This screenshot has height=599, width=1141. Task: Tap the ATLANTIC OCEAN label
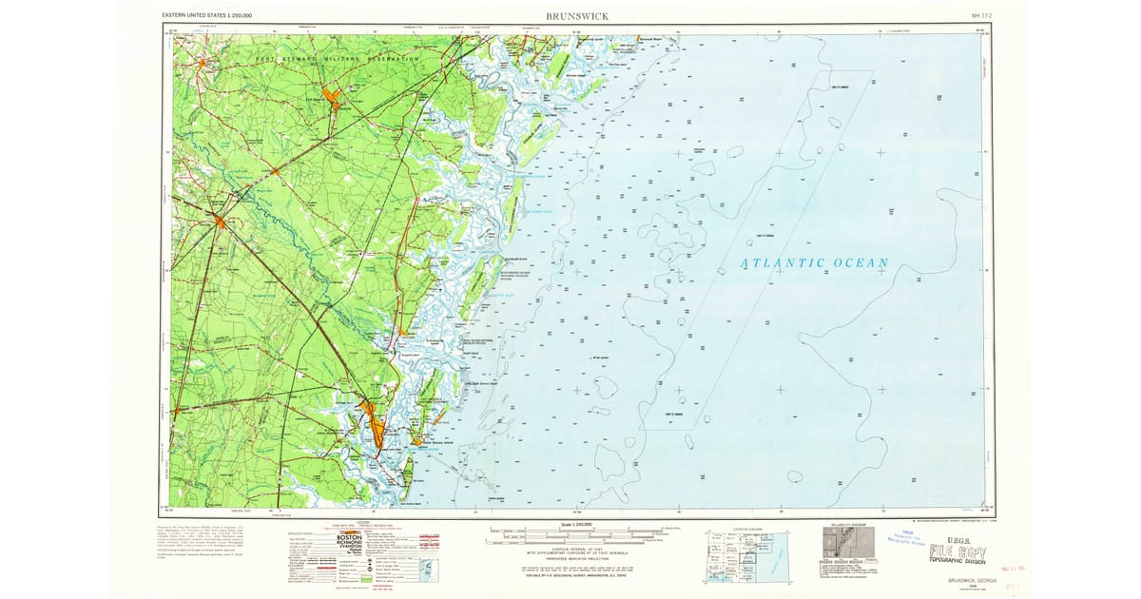pyautogui.click(x=814, y=263)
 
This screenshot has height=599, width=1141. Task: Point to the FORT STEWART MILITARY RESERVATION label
pyautogui.click(x=338, y=59)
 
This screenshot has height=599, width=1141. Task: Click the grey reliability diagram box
pyautogui.click(x=846, y=545)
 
